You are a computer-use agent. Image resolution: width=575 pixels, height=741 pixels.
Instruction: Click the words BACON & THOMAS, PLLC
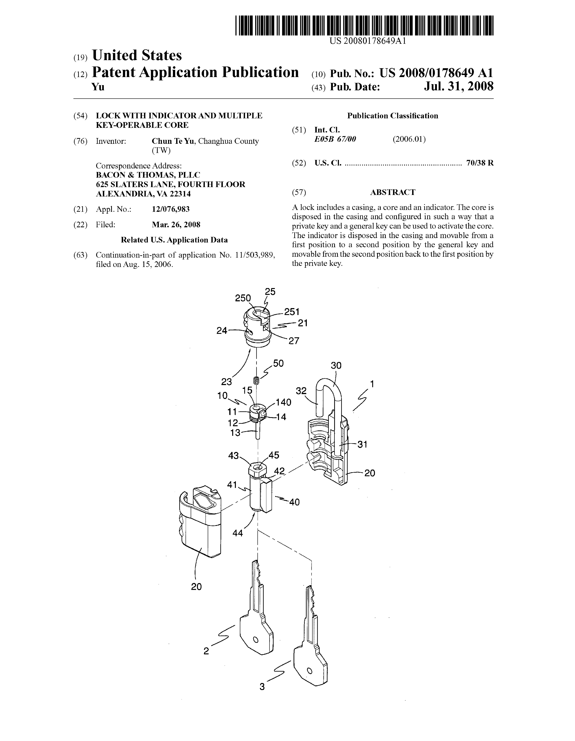(148, 175)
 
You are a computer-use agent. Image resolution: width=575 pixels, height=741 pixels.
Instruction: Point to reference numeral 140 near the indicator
(283, 402)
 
